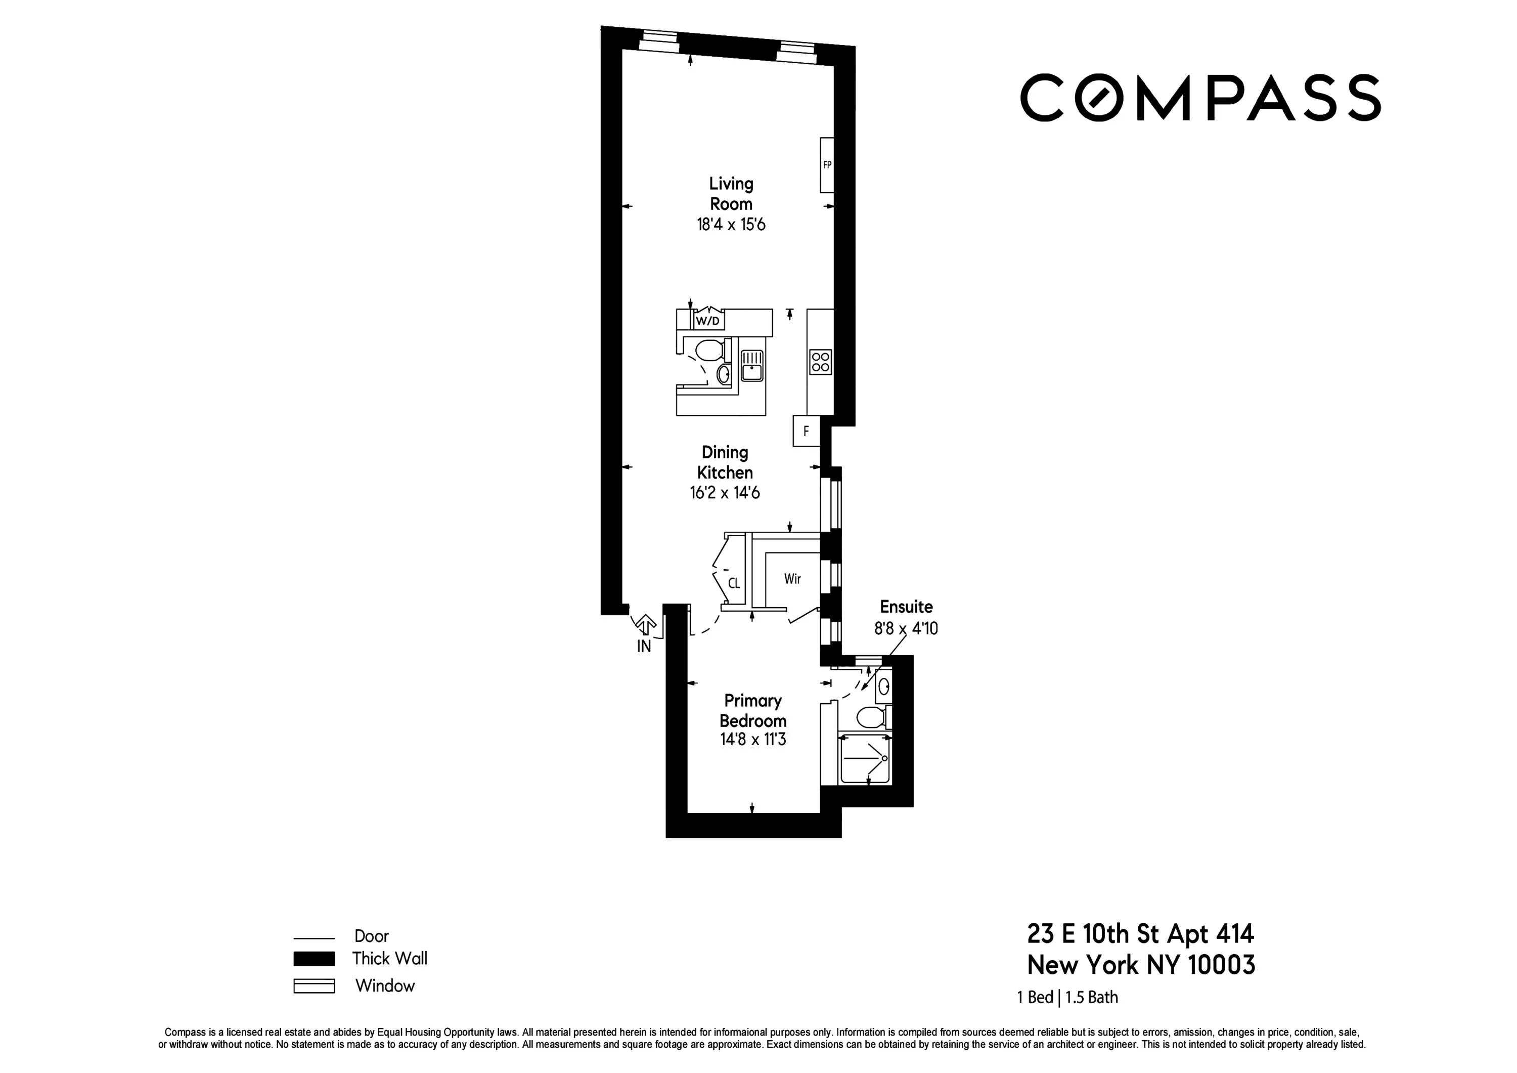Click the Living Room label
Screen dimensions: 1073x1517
coord(731,194)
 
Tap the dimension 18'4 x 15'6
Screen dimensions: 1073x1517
coord(731,225)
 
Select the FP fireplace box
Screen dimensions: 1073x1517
coord(827,165)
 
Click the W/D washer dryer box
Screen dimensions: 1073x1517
coord(707,321)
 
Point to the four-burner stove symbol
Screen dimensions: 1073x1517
coord(821,362)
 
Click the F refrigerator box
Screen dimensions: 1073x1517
coord(806,432)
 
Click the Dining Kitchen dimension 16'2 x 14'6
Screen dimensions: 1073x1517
coord(725,493)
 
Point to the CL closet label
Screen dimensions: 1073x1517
coord(733,584)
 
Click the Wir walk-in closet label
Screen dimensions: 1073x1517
coord(792,579)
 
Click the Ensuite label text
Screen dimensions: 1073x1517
coord(906,607)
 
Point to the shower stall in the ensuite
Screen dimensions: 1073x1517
coord(864,760)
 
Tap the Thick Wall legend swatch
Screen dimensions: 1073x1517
coord(314,959)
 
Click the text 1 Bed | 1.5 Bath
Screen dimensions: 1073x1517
coord(1067,998)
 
